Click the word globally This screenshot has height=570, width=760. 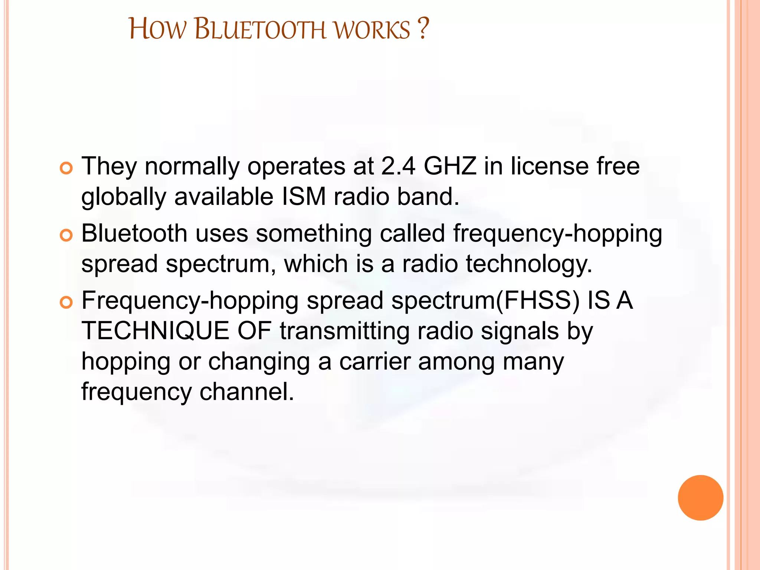[124, 197]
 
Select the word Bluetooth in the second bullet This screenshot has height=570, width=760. [134, 233]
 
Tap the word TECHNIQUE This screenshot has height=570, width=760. [155, 331]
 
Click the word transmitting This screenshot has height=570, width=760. [345, 331]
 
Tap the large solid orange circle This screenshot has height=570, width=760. [700, 498]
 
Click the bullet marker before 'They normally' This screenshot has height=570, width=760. [66, 168]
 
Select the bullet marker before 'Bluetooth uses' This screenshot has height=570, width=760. [66, 236]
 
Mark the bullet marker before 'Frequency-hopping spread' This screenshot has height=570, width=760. [66, 302]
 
